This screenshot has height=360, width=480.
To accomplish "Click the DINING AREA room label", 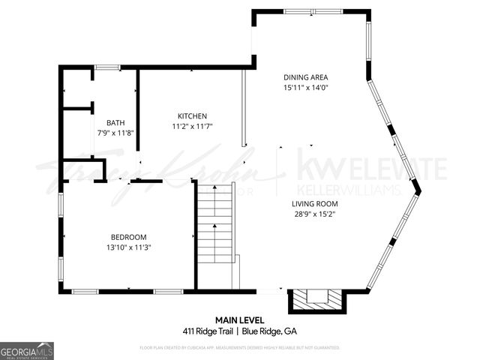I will point(305,77).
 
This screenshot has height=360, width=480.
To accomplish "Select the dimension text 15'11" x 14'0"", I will point(305,87).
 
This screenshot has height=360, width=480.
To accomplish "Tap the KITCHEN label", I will point(192,115).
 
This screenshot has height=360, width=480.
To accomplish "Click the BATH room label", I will point(115,123).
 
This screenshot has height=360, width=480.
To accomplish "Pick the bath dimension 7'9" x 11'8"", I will point(115,133).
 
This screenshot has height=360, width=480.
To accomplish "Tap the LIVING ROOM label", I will point(314,203).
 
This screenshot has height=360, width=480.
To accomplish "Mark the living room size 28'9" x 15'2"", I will point(314,214).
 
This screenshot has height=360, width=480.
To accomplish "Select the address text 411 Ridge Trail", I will point(208,331).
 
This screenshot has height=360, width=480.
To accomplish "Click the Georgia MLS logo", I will point(27,351).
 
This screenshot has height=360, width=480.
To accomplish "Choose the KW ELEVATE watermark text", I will point(372,166).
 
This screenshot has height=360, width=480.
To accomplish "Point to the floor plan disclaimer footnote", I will point(240,348).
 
